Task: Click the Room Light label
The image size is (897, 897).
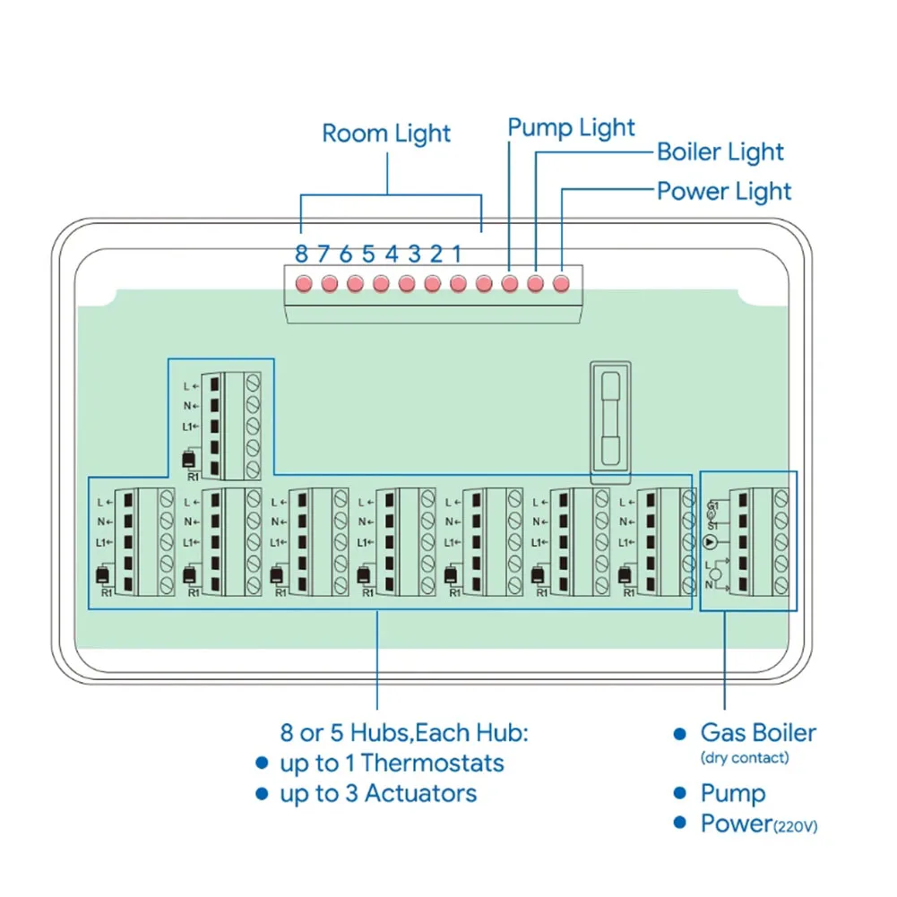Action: (386, 134)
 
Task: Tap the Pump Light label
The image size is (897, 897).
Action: (571, 128)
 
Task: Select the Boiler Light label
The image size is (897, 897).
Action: (720, 152)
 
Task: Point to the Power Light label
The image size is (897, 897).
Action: (724, 192)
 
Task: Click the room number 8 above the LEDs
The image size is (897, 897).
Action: (301, 254)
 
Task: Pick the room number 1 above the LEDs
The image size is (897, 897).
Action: (456, 254)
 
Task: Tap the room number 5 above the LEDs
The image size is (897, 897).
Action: (368, 254)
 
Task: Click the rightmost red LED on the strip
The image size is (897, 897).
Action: (561, 283)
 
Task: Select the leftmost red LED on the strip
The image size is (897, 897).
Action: (303, 283)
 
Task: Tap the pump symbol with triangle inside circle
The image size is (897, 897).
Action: (711, 542)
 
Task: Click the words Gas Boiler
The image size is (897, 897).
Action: (758, 733)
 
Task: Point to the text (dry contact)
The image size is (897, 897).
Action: (745, 758)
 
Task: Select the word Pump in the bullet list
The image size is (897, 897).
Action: (733, 794)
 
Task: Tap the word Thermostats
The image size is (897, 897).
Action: (433, 763)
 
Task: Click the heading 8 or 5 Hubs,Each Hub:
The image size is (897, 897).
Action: (404, 733)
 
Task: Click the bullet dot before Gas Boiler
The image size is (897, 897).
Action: (679, 734)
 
